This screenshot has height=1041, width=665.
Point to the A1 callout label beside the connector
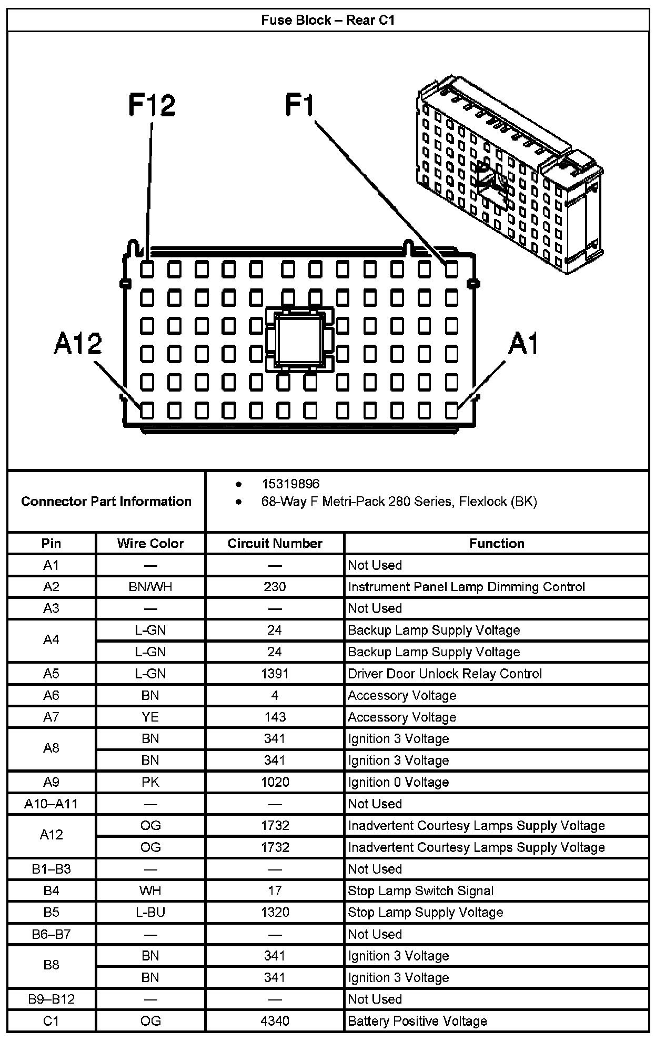[524, 344]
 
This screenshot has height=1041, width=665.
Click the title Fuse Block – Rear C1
[328, 21]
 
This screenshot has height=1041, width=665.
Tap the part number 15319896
[290, 484]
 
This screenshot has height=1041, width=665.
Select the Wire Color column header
[150, 543]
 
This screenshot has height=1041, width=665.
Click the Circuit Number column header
[275, 543]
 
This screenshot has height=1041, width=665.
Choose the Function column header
[497, 543]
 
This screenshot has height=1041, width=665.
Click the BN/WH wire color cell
[150, 587]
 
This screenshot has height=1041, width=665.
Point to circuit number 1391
[275, 674]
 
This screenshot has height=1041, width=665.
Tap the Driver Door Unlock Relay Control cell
[445, 674]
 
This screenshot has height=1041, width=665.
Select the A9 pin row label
[51, 782]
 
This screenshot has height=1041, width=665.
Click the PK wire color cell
[150, 782]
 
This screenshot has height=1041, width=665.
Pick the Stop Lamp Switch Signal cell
[420, 891]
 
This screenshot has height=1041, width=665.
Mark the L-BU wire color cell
[150, 913]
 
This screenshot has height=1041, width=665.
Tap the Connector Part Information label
[106, 501]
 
